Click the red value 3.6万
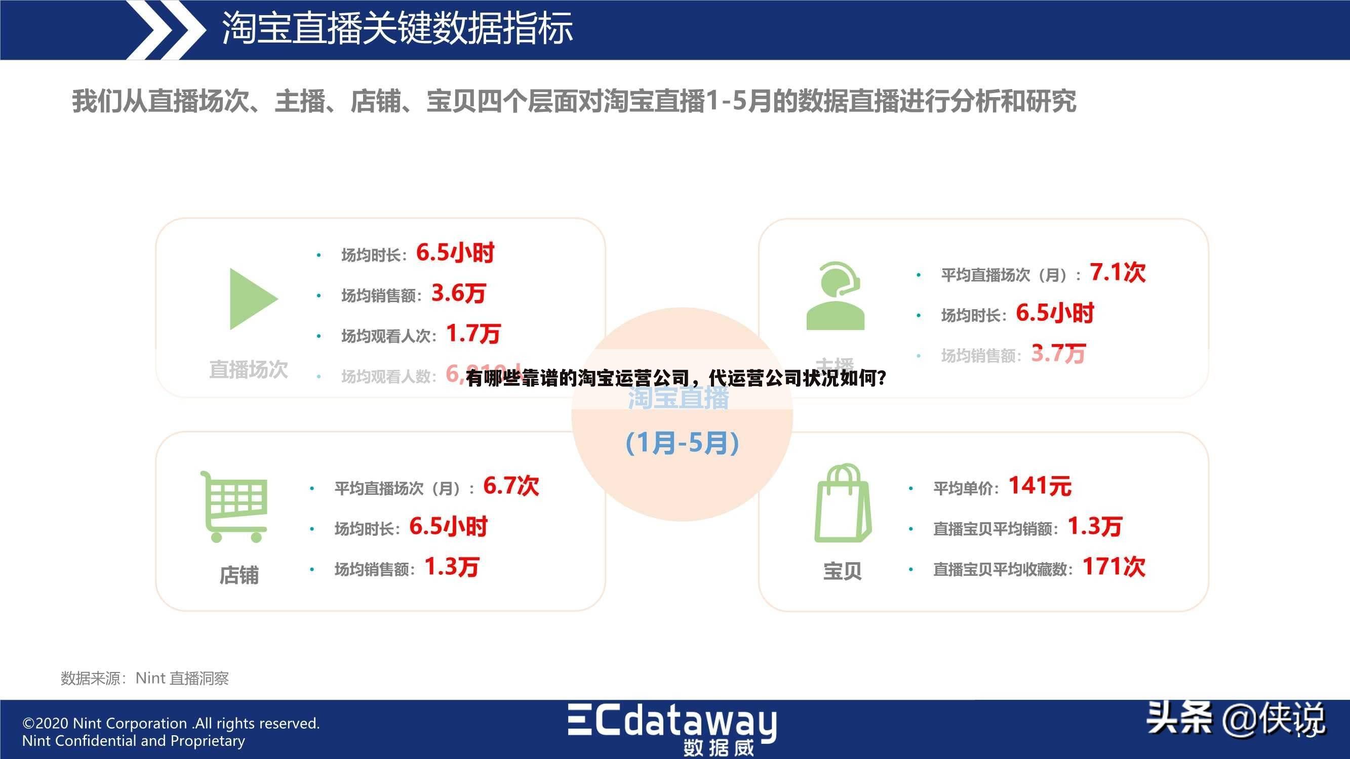[x=459, y=293]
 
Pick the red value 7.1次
[x=1117, y=273]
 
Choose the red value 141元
[x=1040, y=486]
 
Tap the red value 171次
[x=1114, y=567]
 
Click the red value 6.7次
[x=510, y=486]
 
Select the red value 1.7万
[x=473, y=333]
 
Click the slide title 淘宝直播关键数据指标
[x=397, y=28]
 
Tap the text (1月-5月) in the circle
[x=682, y=443]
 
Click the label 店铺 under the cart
[x=239, y=575]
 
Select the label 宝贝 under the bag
[x=842, y=571]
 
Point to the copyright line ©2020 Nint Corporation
[x=171, y=724]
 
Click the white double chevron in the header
[x=167, y=29]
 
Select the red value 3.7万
[x=1058, y=354]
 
